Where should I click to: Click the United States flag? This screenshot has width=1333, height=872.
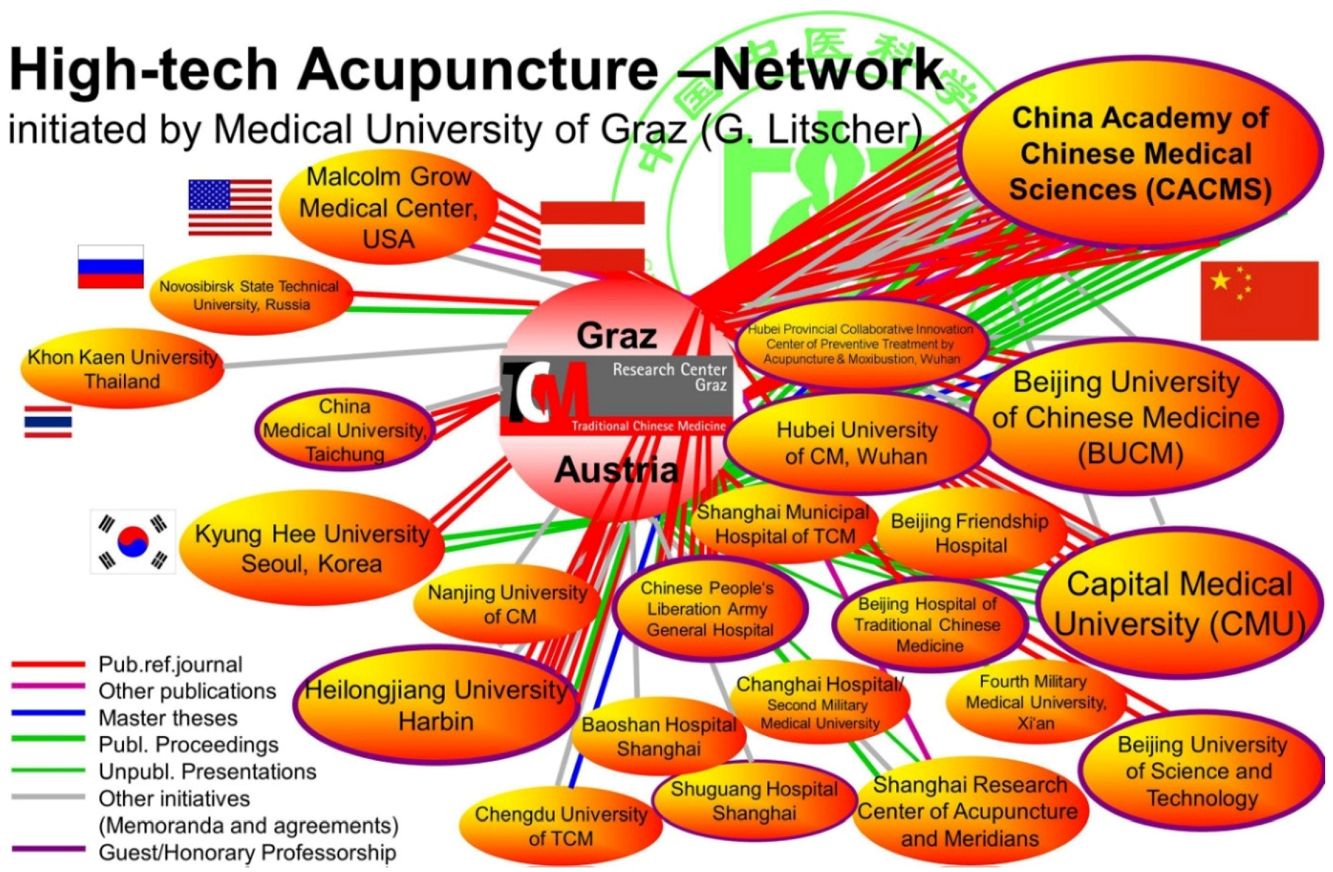tap(230, 207)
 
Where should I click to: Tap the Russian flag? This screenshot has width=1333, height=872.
tap(111, 267)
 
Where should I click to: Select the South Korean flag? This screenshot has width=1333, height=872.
tap(133, 542)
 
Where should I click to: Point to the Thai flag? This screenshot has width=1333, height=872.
tap(48, 421)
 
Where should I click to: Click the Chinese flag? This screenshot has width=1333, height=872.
tap(1259, 301)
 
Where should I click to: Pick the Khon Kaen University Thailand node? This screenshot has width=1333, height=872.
tap(122, 369)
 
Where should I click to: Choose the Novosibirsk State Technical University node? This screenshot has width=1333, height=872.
tap(250, 295)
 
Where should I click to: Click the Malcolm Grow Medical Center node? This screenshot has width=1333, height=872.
tap(389, 208)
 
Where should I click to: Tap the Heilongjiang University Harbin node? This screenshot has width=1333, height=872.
tap(436, 705)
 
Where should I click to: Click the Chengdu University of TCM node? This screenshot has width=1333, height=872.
tap(561, 826)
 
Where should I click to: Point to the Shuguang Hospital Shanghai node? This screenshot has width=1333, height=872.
tap(754, 801)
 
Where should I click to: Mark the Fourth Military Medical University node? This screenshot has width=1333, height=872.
tap(1036, 702)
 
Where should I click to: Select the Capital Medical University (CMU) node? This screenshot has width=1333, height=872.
tap(1178, 604)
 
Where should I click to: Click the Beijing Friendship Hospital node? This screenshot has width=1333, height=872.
tap(970, 533)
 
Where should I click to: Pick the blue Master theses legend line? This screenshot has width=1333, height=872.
tap(48, 713)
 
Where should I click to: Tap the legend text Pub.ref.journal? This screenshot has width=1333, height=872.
tap(170, 664)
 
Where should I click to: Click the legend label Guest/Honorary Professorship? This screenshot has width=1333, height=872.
tap(247, 852)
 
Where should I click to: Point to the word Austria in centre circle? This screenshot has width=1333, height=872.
tap(616, 470)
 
